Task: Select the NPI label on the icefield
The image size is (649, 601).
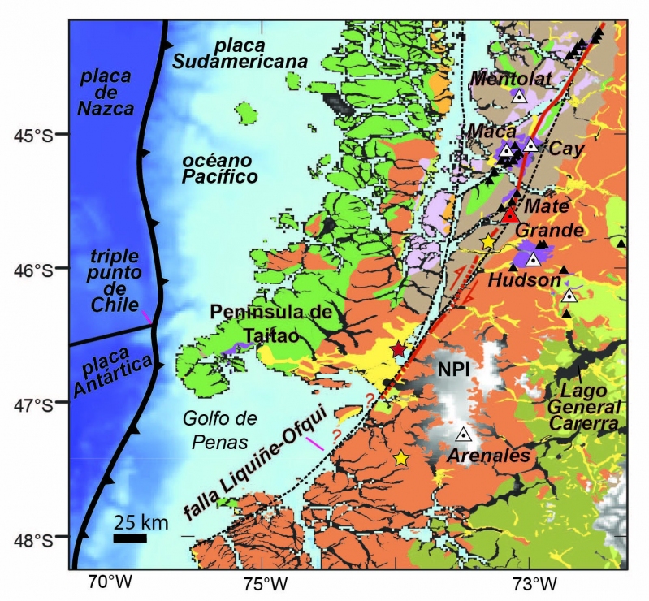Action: click(456, 369)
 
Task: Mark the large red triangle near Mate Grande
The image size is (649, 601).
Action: click(510, 215)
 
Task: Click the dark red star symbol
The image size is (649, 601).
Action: click(398, 349)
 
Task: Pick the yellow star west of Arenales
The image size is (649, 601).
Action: click(400, 458)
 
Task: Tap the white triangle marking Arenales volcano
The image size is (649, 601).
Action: click(463, 434)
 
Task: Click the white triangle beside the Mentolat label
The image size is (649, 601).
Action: click(520, 95)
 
